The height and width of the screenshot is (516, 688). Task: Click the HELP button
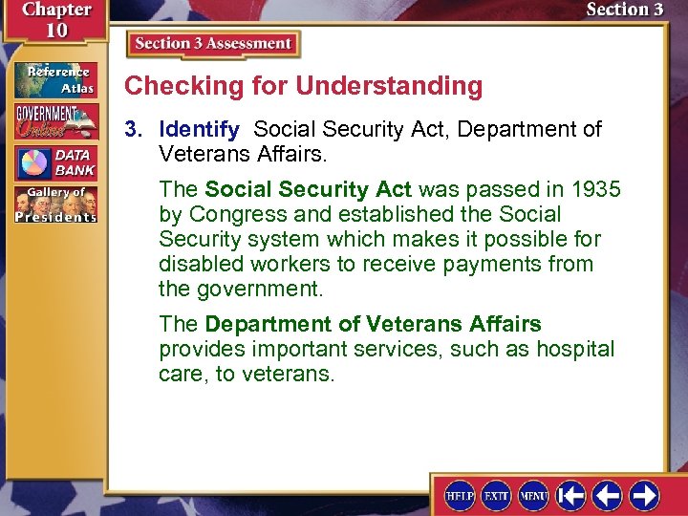(x=461, y=495)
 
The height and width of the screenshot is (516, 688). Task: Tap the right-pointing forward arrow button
(x=643, y=495)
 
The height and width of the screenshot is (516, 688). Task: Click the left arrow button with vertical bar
(x=571, y=495)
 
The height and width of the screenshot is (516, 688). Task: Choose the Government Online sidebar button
(x=54, y=121)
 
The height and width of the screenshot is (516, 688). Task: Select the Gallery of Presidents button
(x=54, y=204)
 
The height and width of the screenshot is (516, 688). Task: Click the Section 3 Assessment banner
(x=213, y=44)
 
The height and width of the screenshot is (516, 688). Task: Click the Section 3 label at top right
(x=624, y=11)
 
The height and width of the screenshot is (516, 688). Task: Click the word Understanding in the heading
(x=389, y=86)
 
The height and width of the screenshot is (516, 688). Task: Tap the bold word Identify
(x=199, y=129)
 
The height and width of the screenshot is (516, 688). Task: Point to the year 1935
(x=594, y=189)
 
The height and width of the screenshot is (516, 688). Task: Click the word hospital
(x=575, y=350)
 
